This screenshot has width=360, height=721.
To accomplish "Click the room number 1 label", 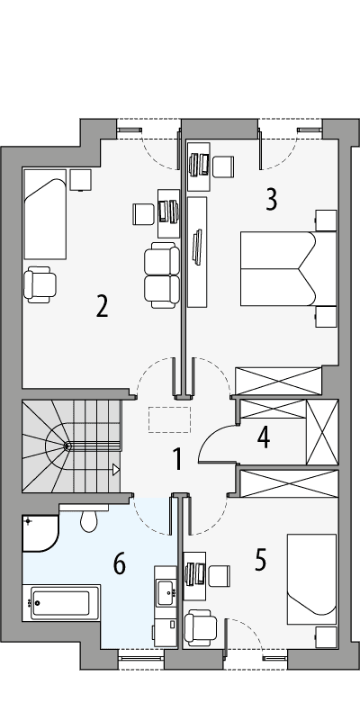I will point(178,460).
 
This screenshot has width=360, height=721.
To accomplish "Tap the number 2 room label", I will point(103,307).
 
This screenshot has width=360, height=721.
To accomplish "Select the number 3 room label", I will point(271,199).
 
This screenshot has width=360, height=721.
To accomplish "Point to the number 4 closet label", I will point(263,437).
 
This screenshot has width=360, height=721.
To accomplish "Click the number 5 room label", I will point(260,560).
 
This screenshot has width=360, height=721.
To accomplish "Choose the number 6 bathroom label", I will point(119,564).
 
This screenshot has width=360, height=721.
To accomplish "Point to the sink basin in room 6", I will point(166,592).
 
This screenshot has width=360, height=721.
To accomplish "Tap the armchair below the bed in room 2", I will point(40,284).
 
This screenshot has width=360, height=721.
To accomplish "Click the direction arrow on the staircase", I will point(115,469).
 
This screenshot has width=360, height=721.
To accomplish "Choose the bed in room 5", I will point(310,579).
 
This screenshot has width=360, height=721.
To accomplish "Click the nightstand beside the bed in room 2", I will point(81,180).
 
